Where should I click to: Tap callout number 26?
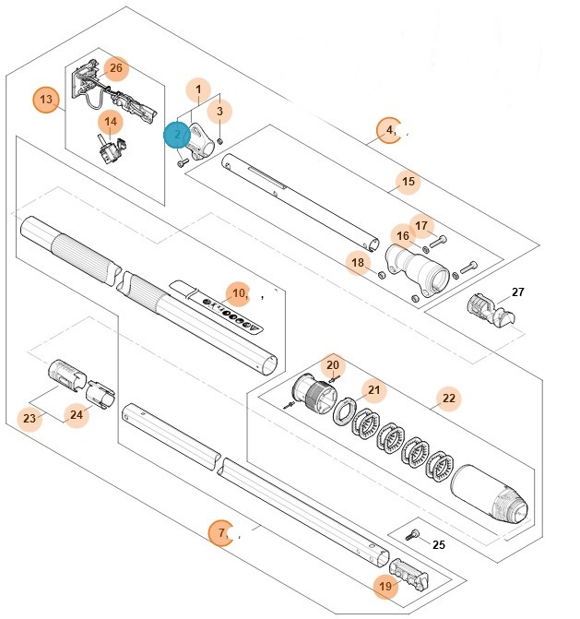click(x=116, y=68)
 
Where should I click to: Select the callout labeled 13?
click(x=46, y=99)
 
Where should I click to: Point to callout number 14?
click(x=111, y=121)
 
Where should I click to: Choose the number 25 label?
click(x=438, y=544)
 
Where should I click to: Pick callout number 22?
click(x=449, y=399)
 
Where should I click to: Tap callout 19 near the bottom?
click(x=385, y=585)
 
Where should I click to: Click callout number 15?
click(x=408, y=182)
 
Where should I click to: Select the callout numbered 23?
click(x=30, y=419)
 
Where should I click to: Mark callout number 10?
click(x=238, y=293)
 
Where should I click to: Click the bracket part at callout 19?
click(x=409, y=574)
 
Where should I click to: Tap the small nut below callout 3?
click(x=220, y=139)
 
